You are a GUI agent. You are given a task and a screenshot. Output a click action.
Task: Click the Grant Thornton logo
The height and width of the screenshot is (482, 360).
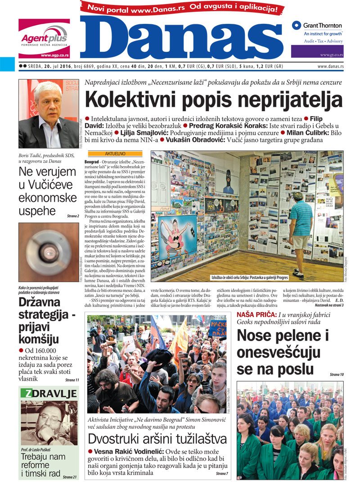[x=317, y=26]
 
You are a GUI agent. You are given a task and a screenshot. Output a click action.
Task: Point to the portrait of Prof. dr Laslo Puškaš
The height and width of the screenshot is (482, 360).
[x=48, y=423]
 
